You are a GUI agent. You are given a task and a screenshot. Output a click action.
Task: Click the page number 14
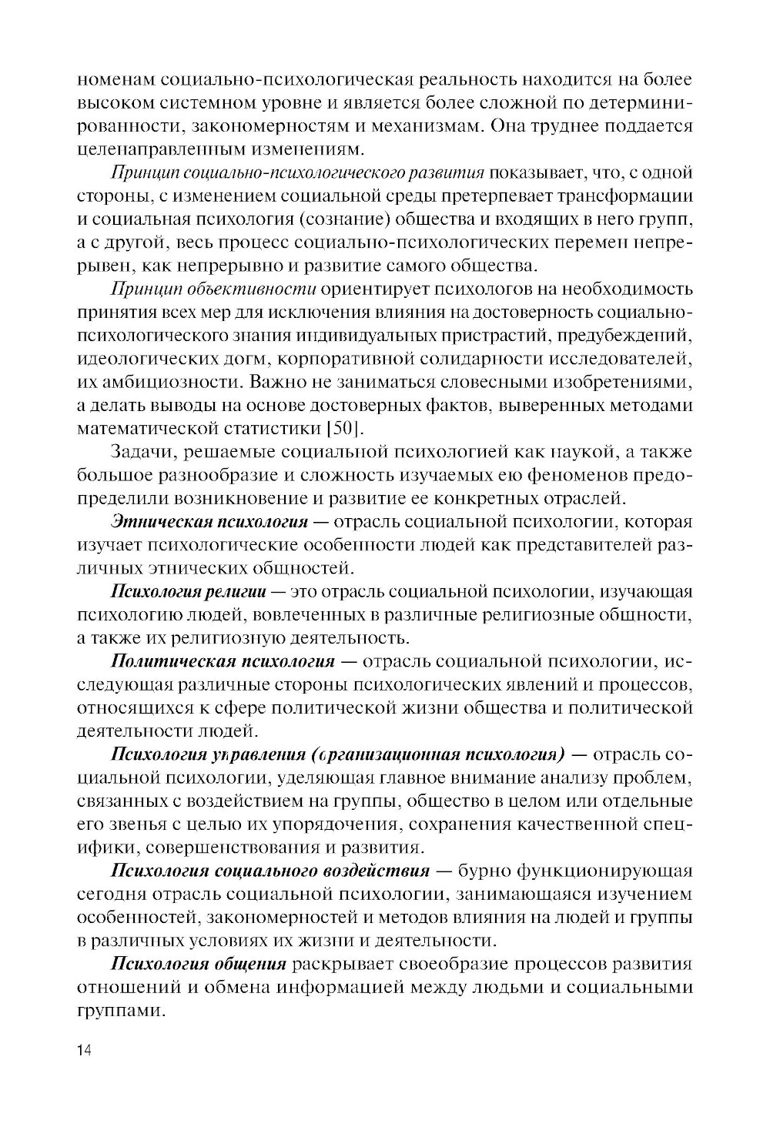(84, 1050)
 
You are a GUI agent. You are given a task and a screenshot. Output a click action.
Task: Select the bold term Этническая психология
(209, 522)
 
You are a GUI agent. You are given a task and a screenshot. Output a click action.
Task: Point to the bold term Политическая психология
(223, 661)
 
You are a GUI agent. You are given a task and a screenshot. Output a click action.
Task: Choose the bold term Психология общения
(199, 964)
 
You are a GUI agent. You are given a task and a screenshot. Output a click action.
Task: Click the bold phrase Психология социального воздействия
(270, 871)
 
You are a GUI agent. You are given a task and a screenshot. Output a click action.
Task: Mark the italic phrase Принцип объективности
(214, 289)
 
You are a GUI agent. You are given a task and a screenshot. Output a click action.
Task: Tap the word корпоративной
(346, 359)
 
